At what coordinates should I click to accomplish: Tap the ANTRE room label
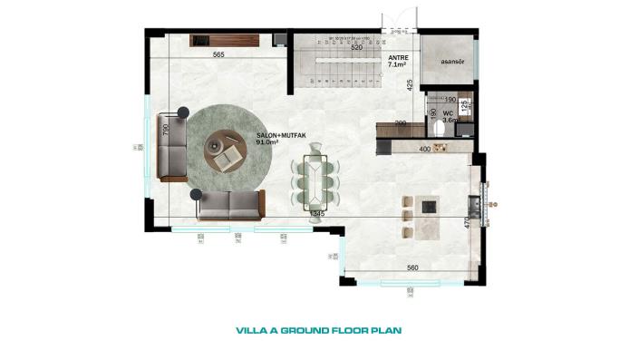[397, 57]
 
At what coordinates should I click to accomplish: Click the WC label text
[448, 113]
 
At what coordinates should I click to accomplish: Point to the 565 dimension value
[218, 55]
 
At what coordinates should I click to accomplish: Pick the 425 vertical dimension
[410, 86]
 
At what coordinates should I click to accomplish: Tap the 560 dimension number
[411, 268]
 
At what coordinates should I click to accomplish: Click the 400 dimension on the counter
[424, 148]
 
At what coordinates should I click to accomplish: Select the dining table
[316, 180]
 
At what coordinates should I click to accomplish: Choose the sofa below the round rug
[230, 205]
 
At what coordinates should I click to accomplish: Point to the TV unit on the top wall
[226, 40]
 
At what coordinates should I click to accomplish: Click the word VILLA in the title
[250, 331]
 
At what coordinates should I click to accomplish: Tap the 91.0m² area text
[268, 142]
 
